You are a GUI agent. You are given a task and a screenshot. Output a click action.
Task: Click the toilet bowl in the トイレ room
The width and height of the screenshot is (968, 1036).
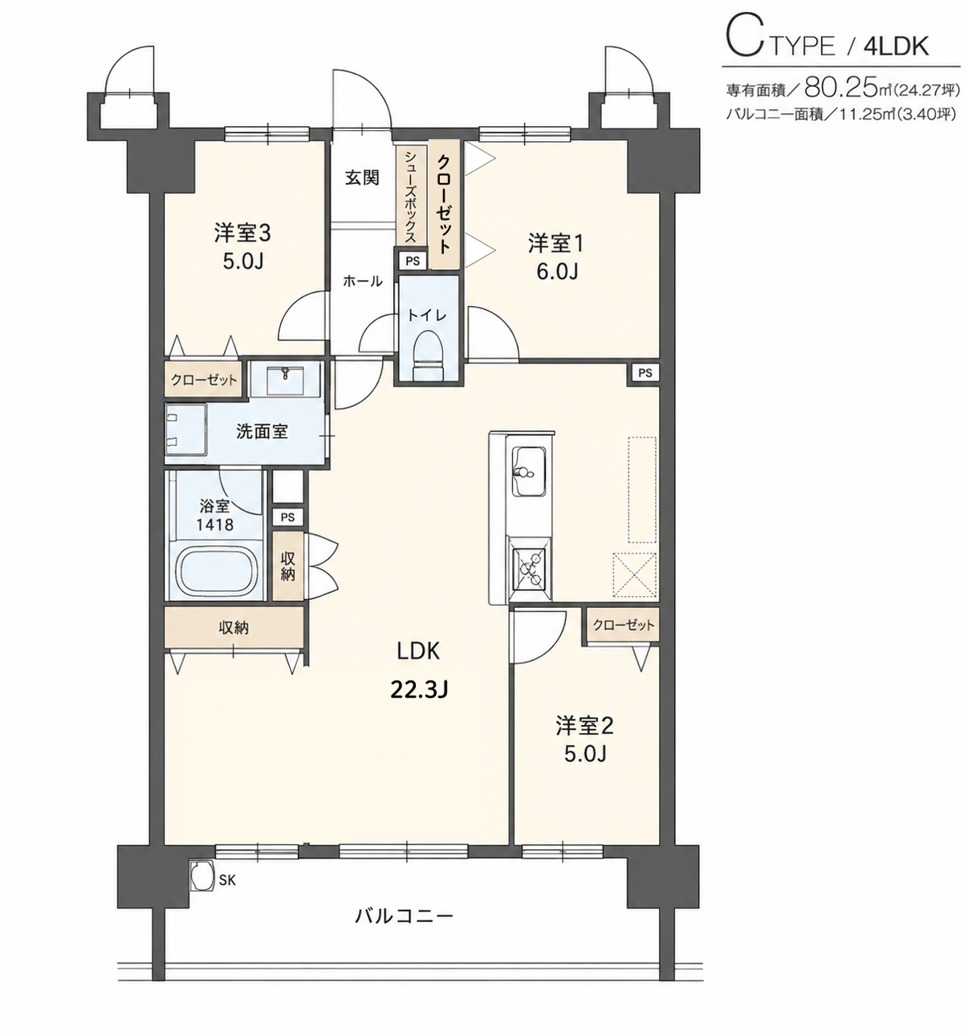click(x=428, y=354)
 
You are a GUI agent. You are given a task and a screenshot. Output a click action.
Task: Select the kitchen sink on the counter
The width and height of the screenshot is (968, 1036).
click(x=530, y=472)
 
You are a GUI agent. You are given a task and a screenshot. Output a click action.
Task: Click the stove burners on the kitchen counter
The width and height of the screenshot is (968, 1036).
click(x=529, y=569)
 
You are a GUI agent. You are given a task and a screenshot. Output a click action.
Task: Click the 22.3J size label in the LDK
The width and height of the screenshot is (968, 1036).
click(x=419, y=691)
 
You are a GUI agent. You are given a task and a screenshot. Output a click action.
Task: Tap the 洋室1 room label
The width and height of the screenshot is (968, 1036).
click(x=557, y=243)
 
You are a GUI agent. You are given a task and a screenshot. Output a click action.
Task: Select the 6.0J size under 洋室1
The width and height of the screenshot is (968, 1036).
click(x=558, y=271)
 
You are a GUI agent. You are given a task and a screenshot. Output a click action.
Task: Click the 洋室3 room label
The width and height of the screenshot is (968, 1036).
click(x=242, y=233)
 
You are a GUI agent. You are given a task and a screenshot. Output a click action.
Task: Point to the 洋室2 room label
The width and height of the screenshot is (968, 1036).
click(x=584, y=726)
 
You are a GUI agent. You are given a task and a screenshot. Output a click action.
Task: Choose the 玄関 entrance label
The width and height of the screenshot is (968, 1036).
click(x=362, y=177)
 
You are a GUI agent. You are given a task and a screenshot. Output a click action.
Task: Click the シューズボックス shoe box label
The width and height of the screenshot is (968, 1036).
click(x=411, y=196)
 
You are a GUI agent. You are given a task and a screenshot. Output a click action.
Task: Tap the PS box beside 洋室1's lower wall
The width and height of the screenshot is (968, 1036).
click(x=645, y=373)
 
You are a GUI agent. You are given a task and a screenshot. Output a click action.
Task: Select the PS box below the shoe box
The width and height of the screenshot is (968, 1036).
click(x=413, y=261)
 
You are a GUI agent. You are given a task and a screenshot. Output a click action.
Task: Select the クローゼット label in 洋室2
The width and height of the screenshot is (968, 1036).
click(x=623, y=625)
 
